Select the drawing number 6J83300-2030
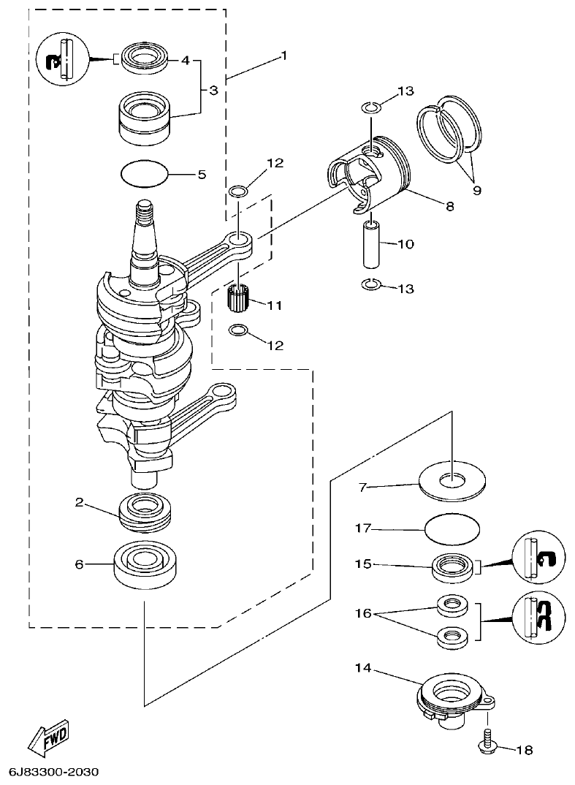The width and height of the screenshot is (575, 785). click(x=54, y=772)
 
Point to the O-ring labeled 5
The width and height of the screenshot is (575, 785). click(x=144, y=175)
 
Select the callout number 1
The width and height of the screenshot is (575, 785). click(x=284, y=56)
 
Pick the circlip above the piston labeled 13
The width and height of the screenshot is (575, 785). click(x=371, y=109)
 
